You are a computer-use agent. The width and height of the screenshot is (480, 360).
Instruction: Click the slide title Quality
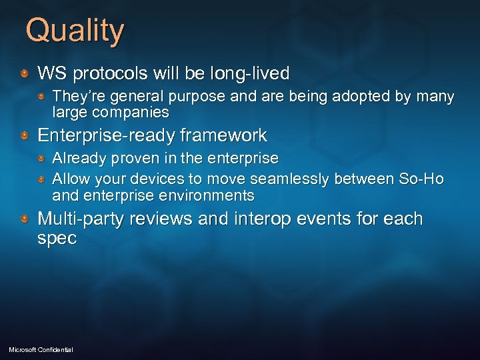75,31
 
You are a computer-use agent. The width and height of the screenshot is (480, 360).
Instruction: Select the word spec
57,239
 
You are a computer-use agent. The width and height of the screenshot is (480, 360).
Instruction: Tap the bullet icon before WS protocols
24,73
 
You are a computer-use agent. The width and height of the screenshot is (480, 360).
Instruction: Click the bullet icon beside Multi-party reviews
24,219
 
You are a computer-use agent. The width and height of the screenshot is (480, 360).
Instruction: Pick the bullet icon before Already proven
41,159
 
